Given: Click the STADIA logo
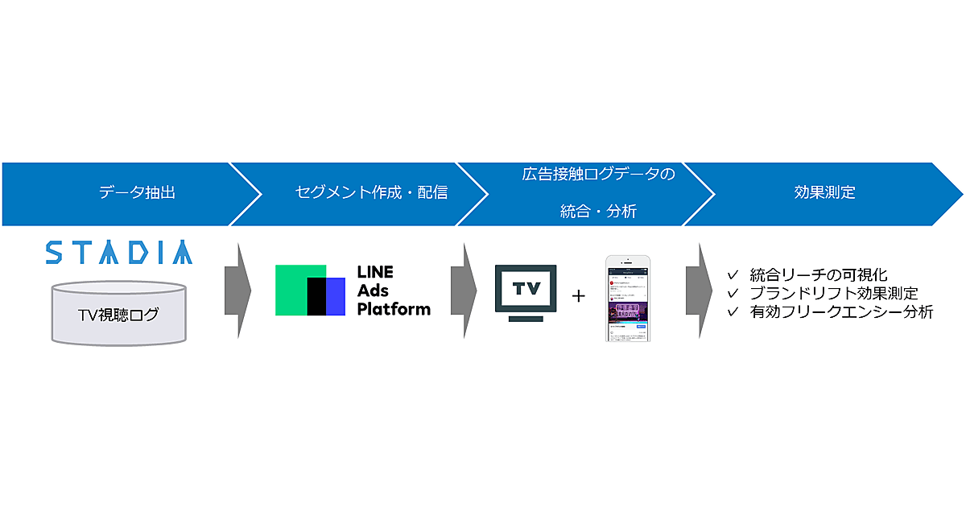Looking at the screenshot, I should click(118, 252).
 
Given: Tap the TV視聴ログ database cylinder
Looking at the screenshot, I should click(118, 313).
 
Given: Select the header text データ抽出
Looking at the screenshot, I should click(137, 192).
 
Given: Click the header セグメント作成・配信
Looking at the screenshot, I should click(371, 192).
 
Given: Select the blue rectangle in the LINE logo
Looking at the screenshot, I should click(336, 296).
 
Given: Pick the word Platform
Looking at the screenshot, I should click(394, 308).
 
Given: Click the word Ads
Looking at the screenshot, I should click(374, 291).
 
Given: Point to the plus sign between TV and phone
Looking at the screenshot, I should click(579, 295).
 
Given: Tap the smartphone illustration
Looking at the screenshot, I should click(629, 298).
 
